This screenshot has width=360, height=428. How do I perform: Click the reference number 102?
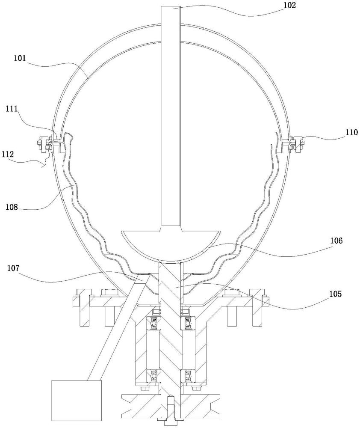(289, 5)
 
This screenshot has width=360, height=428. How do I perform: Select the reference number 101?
(20, 58)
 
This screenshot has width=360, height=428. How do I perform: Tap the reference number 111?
(12, 109)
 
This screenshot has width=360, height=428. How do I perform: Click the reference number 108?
(12, 207)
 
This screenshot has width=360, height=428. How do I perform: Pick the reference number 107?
(13, 268)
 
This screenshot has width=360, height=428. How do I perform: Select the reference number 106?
(336, 241)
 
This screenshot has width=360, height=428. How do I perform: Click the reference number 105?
(336, 294)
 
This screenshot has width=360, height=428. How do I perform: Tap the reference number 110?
(351, 132)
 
